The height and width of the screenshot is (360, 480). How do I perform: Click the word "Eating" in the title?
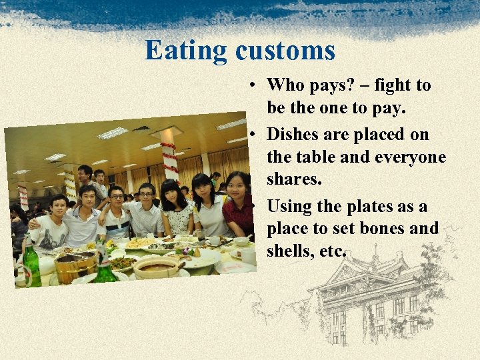186,51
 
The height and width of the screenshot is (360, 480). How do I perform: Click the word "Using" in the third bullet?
291,206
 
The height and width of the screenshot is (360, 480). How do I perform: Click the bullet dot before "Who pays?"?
255,86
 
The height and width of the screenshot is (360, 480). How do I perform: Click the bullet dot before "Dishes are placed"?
255,135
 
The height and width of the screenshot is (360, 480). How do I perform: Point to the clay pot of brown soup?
155,267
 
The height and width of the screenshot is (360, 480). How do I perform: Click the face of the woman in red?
237,184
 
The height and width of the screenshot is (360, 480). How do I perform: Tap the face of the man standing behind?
85,173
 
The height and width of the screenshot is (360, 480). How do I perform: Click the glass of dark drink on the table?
201,235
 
